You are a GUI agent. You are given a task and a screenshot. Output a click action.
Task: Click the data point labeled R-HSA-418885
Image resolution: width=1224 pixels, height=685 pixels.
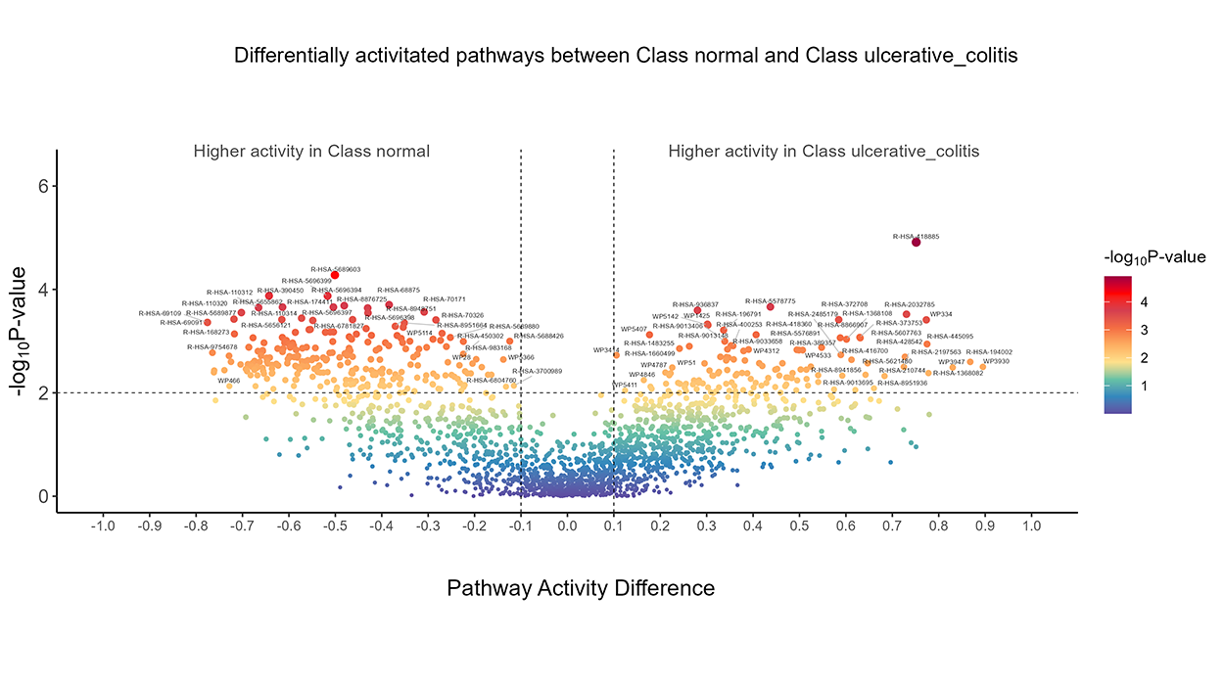click(916, 242)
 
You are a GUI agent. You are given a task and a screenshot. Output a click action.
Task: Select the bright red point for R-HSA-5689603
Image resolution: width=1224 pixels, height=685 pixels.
click(334, 275)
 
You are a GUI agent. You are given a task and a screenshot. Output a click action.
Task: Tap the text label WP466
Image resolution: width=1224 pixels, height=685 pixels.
click(228, 381)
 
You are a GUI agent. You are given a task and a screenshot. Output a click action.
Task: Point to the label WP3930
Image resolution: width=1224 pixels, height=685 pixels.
click(995, 361)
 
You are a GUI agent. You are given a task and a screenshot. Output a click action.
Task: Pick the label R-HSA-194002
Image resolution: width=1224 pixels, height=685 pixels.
click(989, 352)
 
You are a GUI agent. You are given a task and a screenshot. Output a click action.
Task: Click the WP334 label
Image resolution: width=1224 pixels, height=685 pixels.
click(940, 314)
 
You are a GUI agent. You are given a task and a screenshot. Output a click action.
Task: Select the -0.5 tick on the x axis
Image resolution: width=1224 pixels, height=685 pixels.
click(335, 526)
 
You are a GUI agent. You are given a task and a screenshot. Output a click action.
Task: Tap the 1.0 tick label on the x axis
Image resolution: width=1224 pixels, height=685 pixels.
click(1031, 526)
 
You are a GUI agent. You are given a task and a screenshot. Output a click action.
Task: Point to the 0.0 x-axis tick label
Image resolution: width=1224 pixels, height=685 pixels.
click(567, 526)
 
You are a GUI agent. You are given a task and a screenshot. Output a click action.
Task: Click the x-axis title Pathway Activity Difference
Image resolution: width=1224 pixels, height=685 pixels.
click(581, 588)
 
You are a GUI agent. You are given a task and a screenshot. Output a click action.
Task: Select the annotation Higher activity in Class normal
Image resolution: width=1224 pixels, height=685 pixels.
click(311, 152)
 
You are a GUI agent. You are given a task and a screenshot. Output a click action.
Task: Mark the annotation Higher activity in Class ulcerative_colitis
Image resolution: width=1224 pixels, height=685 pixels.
click(824, 152)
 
